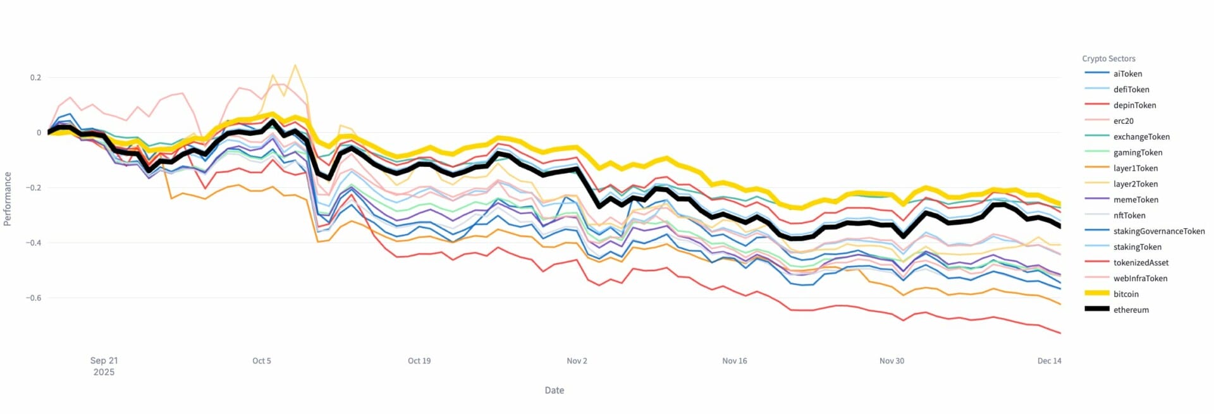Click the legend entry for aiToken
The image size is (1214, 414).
[x=1127, y=74]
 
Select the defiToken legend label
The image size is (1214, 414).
[x=1131, y=90]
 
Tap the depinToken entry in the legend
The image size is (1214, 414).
[x=1134, y=106]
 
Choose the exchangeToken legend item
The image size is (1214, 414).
[x=1141, y=137]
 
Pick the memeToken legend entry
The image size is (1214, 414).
[x=1136, y=200]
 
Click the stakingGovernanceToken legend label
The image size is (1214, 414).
[x=1158, y=231]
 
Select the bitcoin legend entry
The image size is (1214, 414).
[x=1125, y=295]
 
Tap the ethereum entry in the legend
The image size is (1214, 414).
[x=1131, y=310]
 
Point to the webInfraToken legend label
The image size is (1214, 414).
[x=1140, y=279]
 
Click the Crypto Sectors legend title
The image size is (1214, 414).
[x=1108, y=59]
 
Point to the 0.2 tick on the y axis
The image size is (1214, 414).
[x=35, y=78]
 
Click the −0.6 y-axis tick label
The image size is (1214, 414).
[x=33, y=298]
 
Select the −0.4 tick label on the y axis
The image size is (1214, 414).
[x=33, y=243]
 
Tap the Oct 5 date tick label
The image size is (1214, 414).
[x=261, y=361]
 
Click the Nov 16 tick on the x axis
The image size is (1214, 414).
[x=734, y=361]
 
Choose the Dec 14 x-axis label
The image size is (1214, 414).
[x=1049, y=361]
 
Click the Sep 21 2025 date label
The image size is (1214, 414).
[x=104, y=366]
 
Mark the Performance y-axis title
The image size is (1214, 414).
[x=8, y=198]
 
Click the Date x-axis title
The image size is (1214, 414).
[x=554, y=391]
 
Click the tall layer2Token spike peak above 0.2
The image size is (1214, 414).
[x=295, y=65]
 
